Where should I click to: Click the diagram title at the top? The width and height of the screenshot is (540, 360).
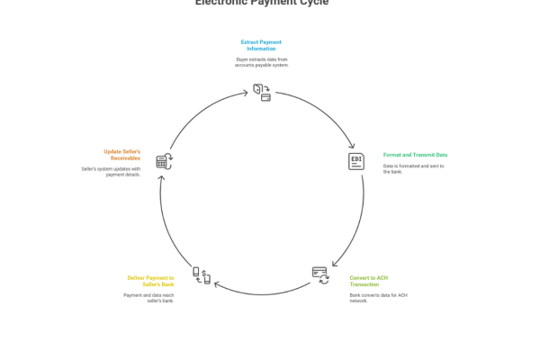click(262, 3)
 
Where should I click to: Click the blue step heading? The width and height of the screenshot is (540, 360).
click(262, 45)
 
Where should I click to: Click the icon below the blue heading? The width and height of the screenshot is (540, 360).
click(262, 90)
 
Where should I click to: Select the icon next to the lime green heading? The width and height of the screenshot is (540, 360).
click(321, 275)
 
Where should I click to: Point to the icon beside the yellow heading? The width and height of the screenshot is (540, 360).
click(202, 275)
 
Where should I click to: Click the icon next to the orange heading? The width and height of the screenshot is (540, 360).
click(165, 162)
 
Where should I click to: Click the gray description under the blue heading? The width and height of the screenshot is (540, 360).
click(262, 62)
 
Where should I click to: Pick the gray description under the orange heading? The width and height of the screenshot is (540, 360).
click(112, 170)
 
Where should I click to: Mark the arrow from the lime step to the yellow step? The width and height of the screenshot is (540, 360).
click(261, 292)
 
